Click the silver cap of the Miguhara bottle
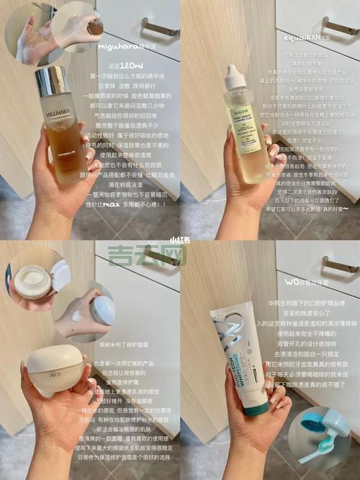click(52, 81)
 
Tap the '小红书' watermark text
click(179, 239)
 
